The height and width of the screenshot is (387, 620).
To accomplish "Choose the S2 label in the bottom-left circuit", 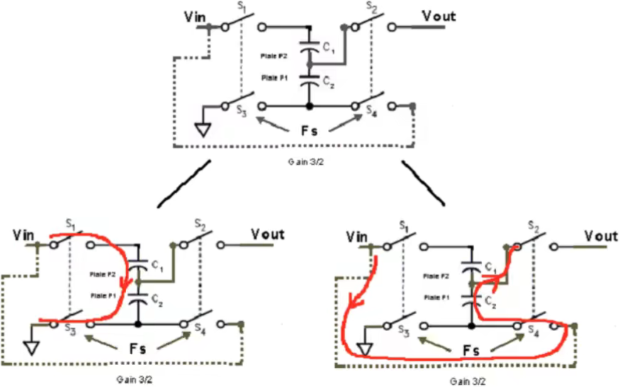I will click(201, 226).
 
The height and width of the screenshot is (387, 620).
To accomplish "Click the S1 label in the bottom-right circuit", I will click(403, 226).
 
